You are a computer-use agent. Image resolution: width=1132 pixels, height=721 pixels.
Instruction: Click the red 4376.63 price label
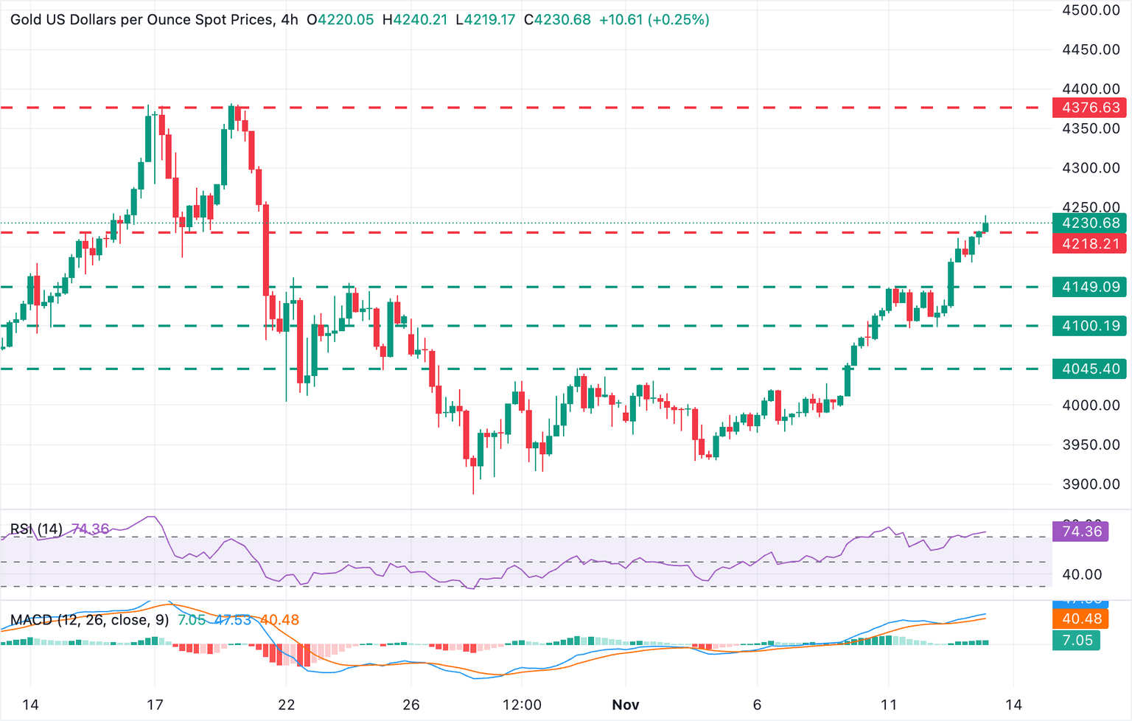click(1090, 108)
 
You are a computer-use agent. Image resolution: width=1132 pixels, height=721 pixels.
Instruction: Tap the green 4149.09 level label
click(1090, 287)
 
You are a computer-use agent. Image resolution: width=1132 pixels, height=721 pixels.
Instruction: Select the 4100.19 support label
click(1090, 326)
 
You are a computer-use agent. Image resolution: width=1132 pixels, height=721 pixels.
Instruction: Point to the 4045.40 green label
click(1090, 369)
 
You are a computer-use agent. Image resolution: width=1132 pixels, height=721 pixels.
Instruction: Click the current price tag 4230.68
click(1090, 223)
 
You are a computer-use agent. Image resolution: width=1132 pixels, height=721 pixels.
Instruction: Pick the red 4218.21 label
click(1090, 243)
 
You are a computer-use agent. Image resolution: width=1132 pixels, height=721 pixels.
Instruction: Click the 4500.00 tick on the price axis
click(1091, 10)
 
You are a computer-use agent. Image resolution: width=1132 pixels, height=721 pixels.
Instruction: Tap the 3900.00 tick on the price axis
click(1091, 484)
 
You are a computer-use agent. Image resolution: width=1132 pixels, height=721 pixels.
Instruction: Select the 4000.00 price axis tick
click(1091, 405)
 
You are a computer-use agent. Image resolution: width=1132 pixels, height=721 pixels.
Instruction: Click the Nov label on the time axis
click(625, 705)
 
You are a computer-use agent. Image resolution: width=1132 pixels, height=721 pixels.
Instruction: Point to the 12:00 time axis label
click(522, 705)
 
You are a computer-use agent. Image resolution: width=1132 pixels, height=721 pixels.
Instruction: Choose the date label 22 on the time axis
click(287, 705)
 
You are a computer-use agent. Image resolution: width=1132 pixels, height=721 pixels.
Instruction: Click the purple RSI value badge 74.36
click(1080, 531)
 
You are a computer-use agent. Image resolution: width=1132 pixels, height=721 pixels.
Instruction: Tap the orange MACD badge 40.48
click(1080, 619)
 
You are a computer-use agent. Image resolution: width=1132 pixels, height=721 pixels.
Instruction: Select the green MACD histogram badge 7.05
click(1077, 640)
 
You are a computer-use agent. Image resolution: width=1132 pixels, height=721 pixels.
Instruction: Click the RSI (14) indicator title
click(36, 529)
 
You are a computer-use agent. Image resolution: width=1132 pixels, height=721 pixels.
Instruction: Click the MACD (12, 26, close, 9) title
click(89, 620)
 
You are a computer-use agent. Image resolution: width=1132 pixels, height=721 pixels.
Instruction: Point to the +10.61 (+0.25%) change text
click(654, 20)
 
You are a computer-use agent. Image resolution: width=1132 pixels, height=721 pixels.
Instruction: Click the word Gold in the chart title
click(26, 20)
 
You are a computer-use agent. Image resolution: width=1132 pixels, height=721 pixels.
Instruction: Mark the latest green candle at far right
click(985, 227)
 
